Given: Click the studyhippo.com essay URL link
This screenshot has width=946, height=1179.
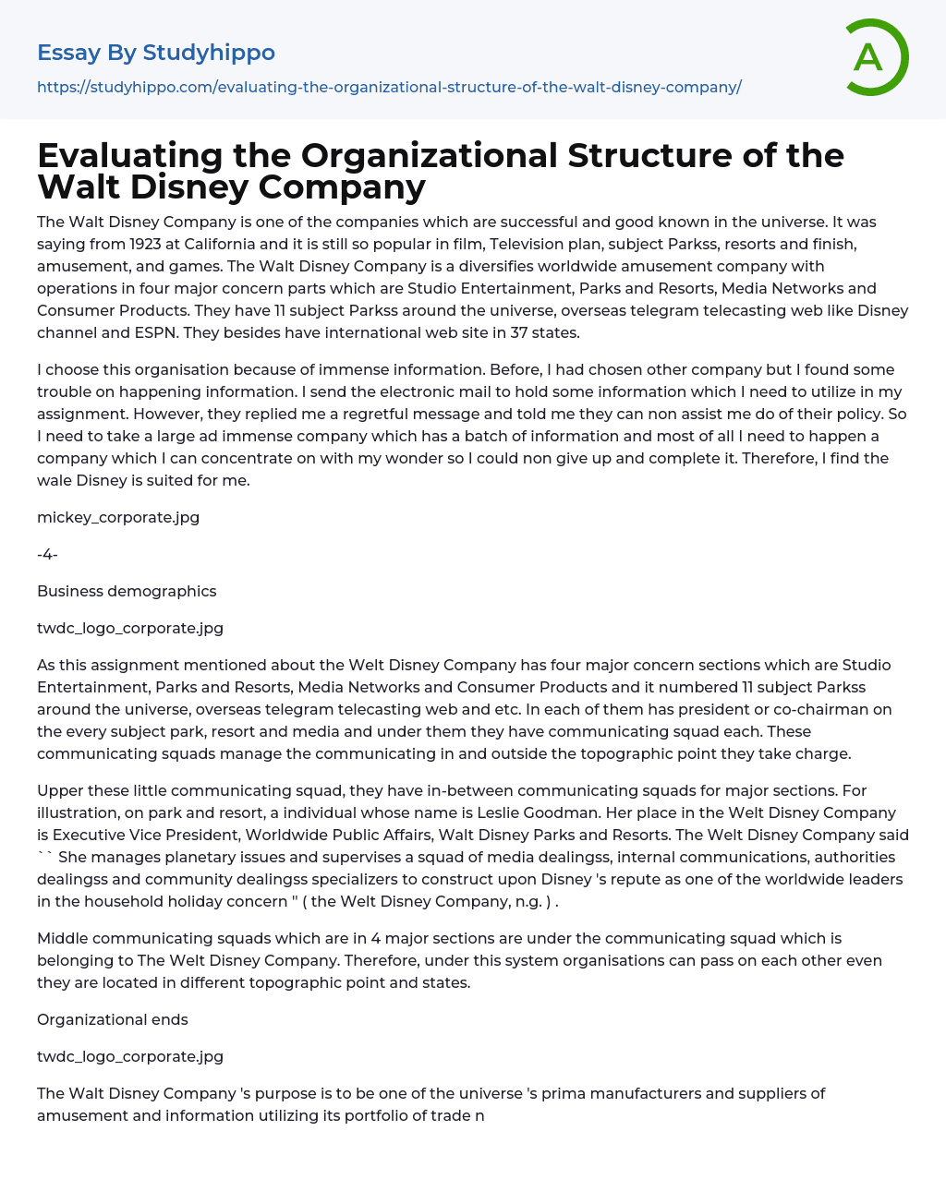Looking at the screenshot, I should [389, 87].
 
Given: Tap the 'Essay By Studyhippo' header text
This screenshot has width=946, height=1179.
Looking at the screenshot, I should [156, 53].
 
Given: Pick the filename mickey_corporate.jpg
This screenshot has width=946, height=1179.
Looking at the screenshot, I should [118, 517].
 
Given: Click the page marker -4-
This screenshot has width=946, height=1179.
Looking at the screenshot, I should [47, 554].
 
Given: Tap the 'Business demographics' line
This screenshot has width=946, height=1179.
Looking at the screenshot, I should [127, 591].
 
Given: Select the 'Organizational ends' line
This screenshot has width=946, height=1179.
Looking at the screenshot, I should [113, 1019].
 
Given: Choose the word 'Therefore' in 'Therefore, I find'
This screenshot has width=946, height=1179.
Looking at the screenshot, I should [776, 458].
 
